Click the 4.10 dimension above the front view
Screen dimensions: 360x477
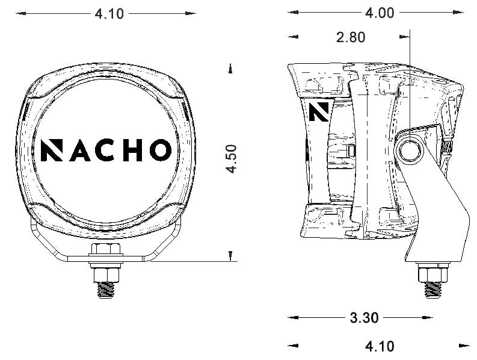(x=109, y=13)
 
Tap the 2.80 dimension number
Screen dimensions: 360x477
(x=351, y=37)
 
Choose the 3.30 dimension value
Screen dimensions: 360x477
(x=364, y=318)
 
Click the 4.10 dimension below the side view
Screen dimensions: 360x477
(x=380, y=346)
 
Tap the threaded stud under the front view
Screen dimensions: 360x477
(x=106, y=288)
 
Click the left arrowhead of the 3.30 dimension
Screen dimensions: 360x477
(x=293, y=317)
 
